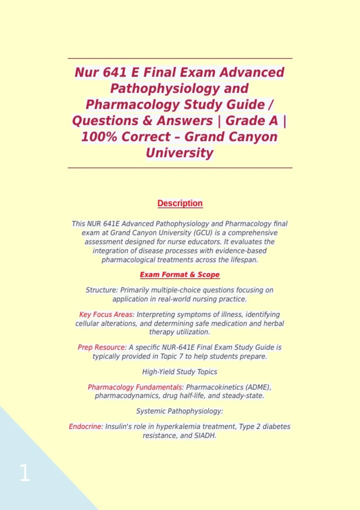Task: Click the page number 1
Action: [25, 473]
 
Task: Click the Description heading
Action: [180, 203]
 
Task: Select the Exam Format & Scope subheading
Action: [180, 275]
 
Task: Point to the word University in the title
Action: [179, 153]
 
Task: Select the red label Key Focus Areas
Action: [106, 314]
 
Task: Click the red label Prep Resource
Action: [102, 347]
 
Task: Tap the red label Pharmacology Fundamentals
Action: [135, 387]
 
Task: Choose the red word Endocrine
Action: [85, 427]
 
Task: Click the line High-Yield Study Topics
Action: [179, 372]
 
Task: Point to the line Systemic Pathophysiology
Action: [179, 411]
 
